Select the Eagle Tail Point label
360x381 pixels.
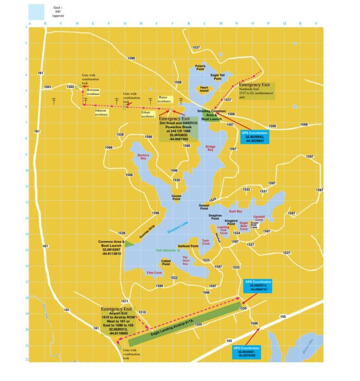coord(218,77)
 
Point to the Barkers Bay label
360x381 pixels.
coord(143,157)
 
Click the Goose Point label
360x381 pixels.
coord(176,198)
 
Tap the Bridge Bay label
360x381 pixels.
coord(210,148)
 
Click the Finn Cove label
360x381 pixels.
coord(154,273)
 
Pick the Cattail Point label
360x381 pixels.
coord(166,262)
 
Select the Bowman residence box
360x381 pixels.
coord(93,92)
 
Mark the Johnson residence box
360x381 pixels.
coord(101,112)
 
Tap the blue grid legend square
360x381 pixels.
coord(36,11)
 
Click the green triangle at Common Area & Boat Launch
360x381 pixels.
coord(129,243)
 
